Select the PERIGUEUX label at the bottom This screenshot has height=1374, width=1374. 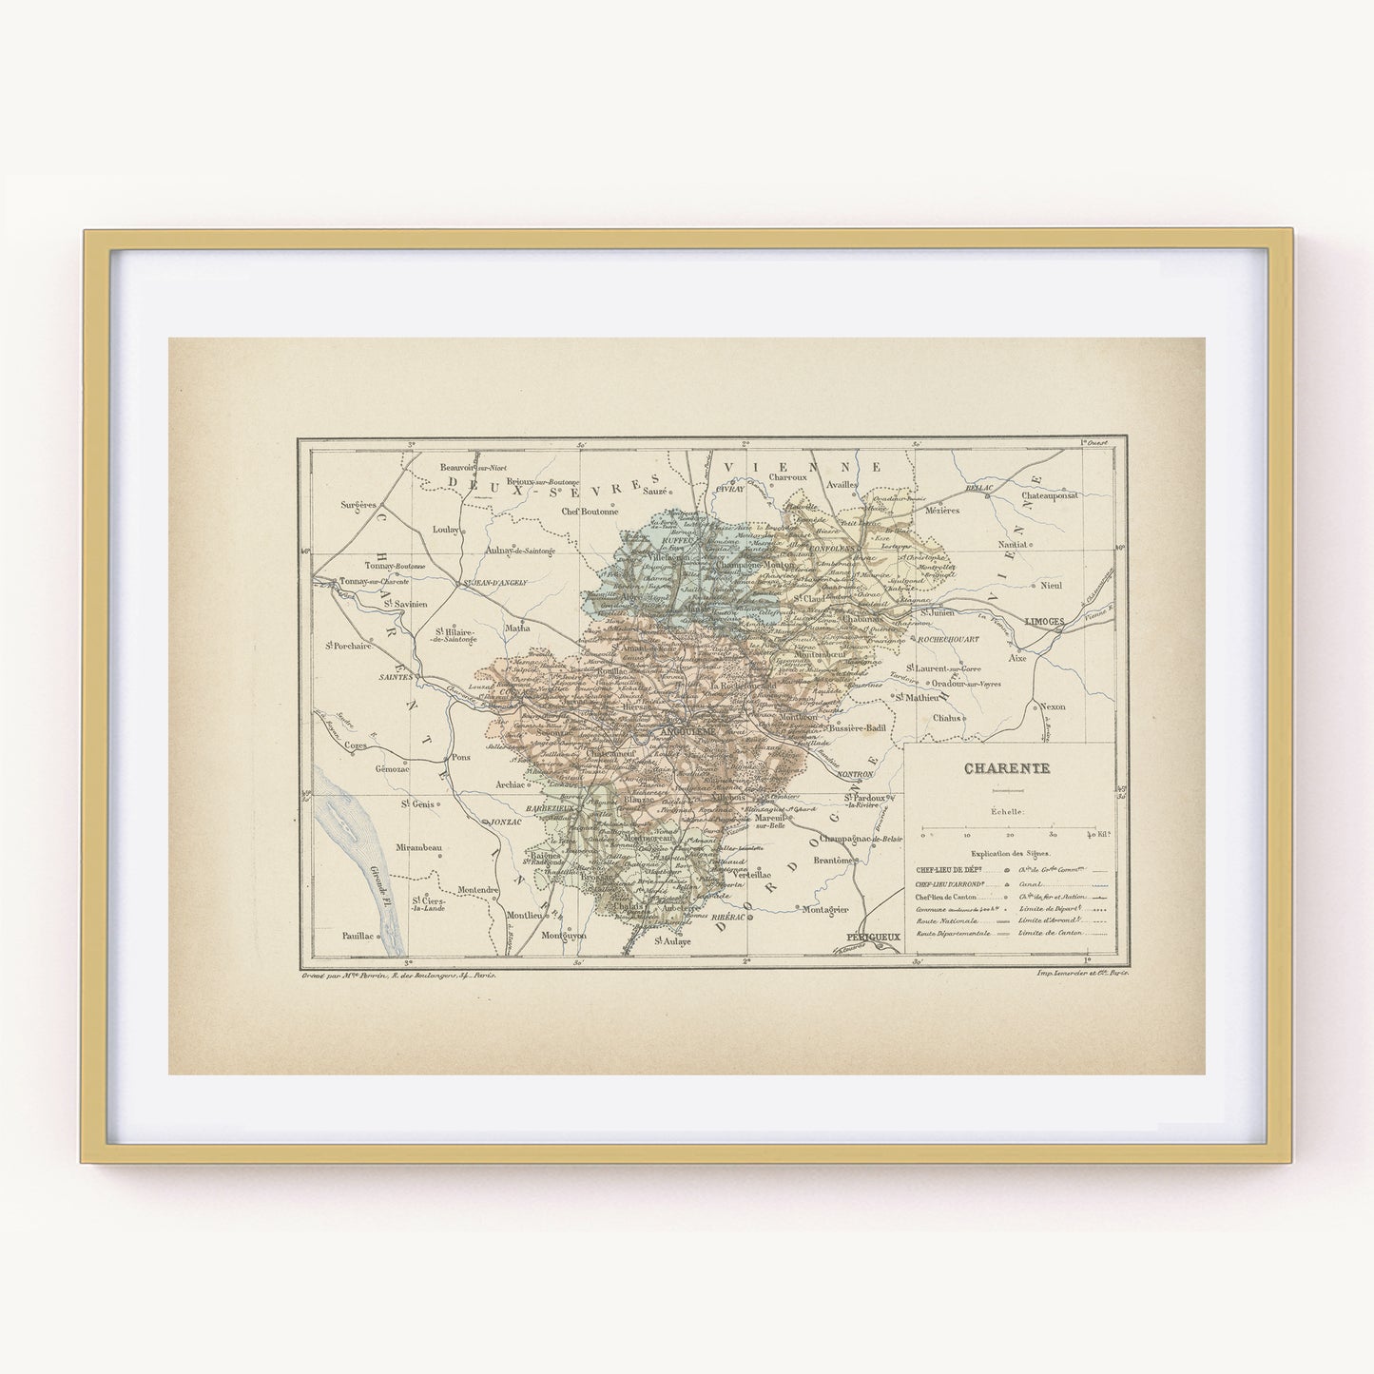point(872,937)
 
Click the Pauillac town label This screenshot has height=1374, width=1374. point(358,936)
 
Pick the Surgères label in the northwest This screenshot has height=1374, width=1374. point(358,505)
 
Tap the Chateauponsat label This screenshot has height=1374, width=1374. point(1050,495)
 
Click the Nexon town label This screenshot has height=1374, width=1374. point(1052,706)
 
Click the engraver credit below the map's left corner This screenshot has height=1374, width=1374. point(398,976)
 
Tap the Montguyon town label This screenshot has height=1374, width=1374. point(563,936)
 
